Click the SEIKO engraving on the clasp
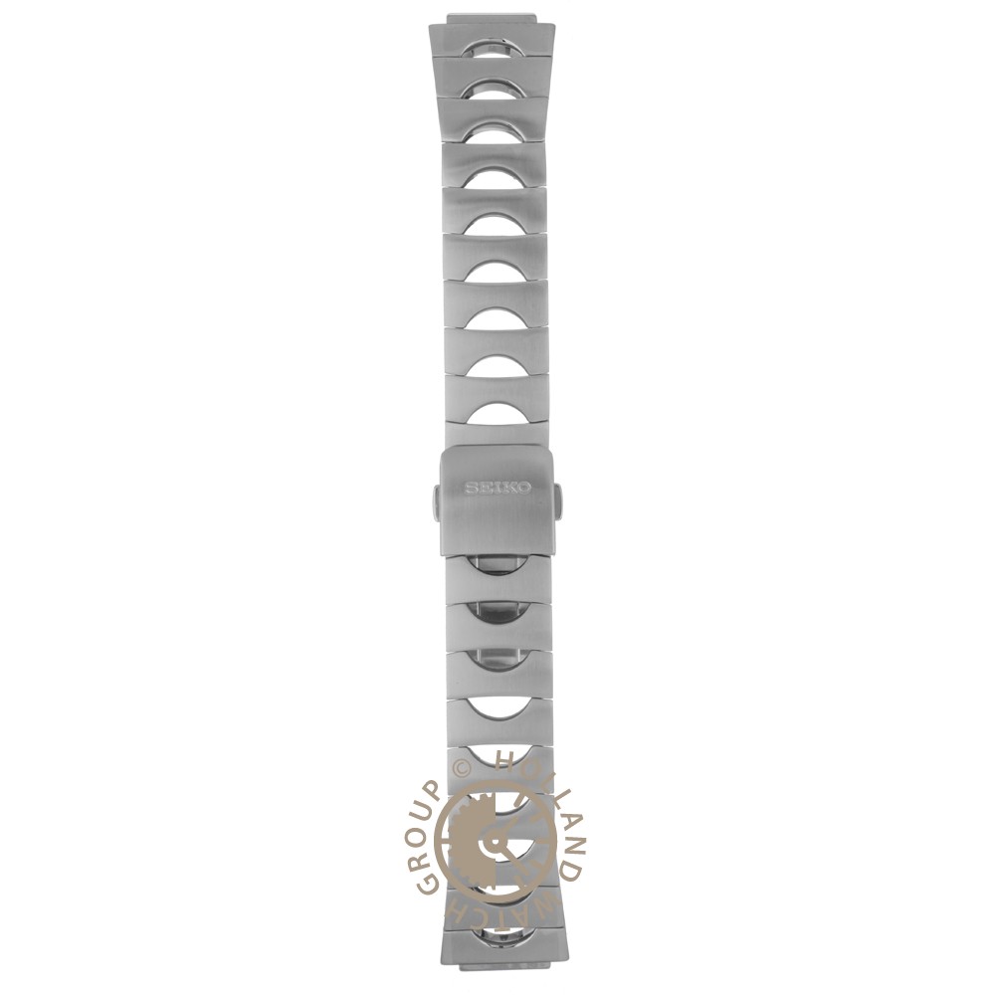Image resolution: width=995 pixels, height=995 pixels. (498, 488)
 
